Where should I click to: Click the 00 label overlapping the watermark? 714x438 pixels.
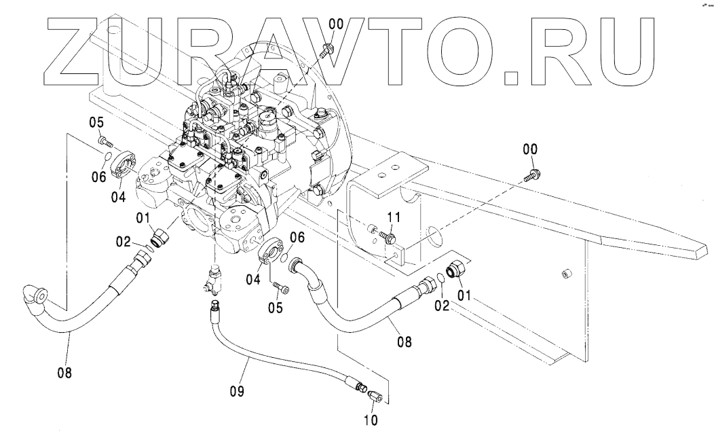point(336,24)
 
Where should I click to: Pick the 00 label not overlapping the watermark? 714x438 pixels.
point(531,149)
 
